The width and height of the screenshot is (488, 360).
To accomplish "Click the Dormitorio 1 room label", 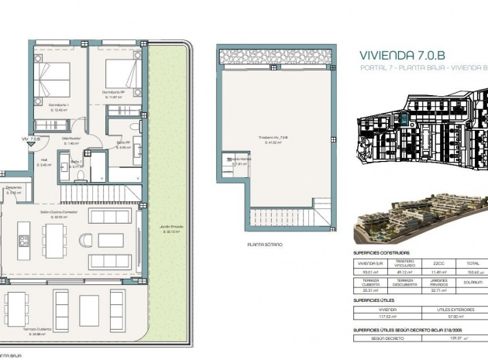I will coord(52,106).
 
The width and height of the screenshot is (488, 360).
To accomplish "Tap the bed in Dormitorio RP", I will coord(114,76).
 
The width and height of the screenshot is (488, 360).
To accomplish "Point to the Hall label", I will coord(45,163).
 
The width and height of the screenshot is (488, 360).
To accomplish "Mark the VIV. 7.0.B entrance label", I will coord(31,139).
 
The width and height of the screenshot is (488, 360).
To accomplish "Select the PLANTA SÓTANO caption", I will coord(265,244).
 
